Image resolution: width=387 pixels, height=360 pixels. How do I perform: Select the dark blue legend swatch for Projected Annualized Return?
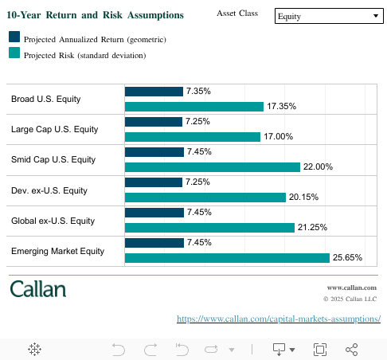14,37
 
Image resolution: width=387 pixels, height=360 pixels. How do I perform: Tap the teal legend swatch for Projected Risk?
14,53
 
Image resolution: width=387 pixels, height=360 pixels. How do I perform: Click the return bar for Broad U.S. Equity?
154,92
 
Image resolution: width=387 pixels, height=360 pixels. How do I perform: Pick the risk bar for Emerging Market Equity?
227,258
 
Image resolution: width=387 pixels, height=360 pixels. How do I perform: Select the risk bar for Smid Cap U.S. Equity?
213,167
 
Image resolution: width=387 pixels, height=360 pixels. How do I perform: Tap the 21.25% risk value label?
312,228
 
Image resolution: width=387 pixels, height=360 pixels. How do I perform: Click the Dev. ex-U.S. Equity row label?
49,190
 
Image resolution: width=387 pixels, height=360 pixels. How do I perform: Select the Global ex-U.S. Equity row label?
53,221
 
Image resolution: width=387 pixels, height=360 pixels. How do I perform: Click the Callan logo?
38,288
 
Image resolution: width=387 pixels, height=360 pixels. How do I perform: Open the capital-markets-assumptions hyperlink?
278,319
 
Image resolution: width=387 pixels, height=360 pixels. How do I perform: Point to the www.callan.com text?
351,287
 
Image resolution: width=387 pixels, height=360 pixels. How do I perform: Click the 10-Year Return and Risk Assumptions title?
95,15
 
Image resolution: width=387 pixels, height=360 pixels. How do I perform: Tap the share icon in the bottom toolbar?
352,349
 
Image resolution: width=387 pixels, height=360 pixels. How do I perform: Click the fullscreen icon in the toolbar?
320,349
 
